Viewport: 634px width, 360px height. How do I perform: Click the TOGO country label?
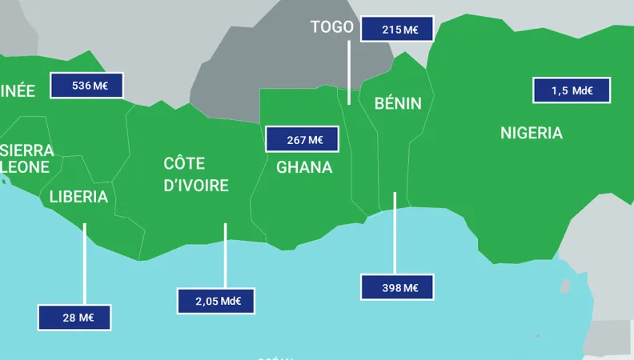click(331, 27)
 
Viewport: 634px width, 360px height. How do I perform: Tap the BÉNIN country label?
click(398, 103)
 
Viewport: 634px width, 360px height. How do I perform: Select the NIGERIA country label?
click(532, 133)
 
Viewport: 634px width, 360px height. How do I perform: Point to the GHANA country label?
click(304, 167)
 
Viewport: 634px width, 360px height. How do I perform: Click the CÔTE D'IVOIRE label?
click(196, 174)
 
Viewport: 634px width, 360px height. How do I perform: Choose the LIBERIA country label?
click(78, 197)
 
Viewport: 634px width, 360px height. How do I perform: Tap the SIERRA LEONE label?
click(26, 158)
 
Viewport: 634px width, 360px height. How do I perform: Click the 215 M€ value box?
click(397, 29)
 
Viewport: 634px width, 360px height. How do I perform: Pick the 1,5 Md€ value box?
click(572, 90)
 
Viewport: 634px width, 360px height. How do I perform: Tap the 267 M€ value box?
click(302, 140)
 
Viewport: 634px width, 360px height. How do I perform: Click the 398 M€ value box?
click(397, 287)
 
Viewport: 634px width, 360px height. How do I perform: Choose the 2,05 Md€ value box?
click(215, 301)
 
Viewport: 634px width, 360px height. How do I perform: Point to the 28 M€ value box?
click(74, 318)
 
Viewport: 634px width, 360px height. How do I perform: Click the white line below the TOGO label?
click(349, 72)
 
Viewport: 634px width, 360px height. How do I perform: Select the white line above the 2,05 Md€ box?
click(225, 255)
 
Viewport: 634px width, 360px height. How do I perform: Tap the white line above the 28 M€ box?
click(84, 263)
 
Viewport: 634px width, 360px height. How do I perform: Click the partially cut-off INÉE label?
click(18, 90)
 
